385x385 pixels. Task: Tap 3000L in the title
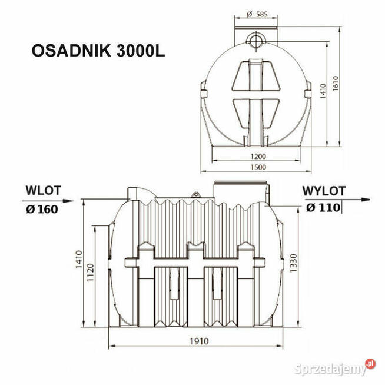[x=141, y=49]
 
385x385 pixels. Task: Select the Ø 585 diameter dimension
[x=255, y=13]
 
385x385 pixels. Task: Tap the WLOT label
[x=43, y=191]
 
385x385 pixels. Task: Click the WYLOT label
[x=324, y=191]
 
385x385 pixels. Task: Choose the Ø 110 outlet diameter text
[x=323, y=207]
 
